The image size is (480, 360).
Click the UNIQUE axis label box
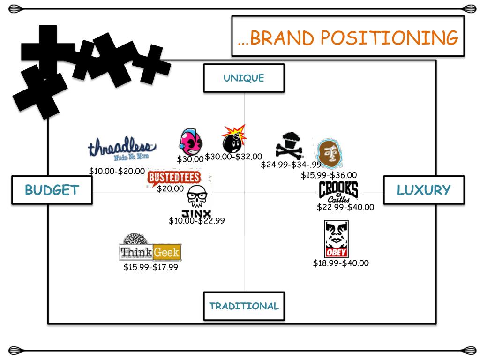244,78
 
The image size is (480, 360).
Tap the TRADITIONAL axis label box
244,306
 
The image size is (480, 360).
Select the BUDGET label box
52,190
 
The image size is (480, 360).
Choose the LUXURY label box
424,190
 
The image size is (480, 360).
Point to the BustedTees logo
173,178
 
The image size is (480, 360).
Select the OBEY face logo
336,239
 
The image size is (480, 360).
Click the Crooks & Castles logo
338,192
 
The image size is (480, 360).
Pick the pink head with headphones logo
191,141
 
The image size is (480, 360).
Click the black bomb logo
233,138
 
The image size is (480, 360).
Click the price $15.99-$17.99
150,267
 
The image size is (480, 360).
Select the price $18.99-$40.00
341,263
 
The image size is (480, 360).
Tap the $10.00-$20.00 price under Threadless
117,171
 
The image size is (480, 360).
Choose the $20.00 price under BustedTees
170,188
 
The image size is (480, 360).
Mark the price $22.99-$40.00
345,207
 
